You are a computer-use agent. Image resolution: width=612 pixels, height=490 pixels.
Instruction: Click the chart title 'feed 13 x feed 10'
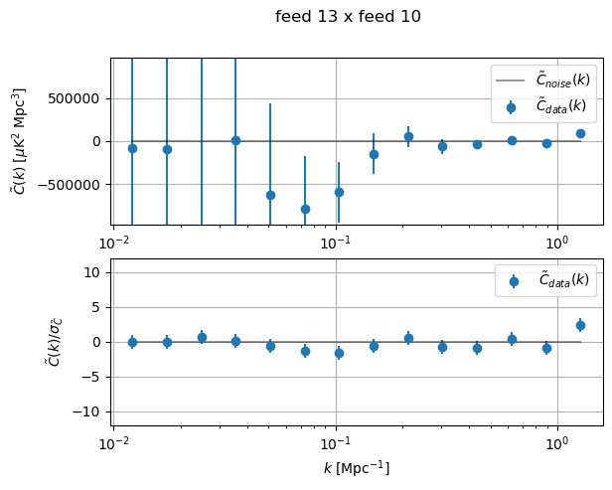click(x=348, y=17)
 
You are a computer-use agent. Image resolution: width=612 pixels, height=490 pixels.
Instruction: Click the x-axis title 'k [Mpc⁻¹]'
click(x=356, y=467)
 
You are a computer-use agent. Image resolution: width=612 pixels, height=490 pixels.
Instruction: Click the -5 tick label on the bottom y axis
click(x=93, y=377)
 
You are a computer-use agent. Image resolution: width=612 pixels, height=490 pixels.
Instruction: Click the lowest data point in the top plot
click(x=305, y=209)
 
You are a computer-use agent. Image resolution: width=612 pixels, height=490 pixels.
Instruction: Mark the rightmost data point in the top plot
click(x=580, y=133)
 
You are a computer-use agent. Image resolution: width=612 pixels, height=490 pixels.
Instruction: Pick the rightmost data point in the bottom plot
click(x=580, y=325)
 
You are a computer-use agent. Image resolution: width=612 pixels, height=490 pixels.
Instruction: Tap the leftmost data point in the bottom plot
click(x=132, y=342)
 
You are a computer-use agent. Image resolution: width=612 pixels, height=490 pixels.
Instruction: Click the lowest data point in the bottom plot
click(x=339, y=353)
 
